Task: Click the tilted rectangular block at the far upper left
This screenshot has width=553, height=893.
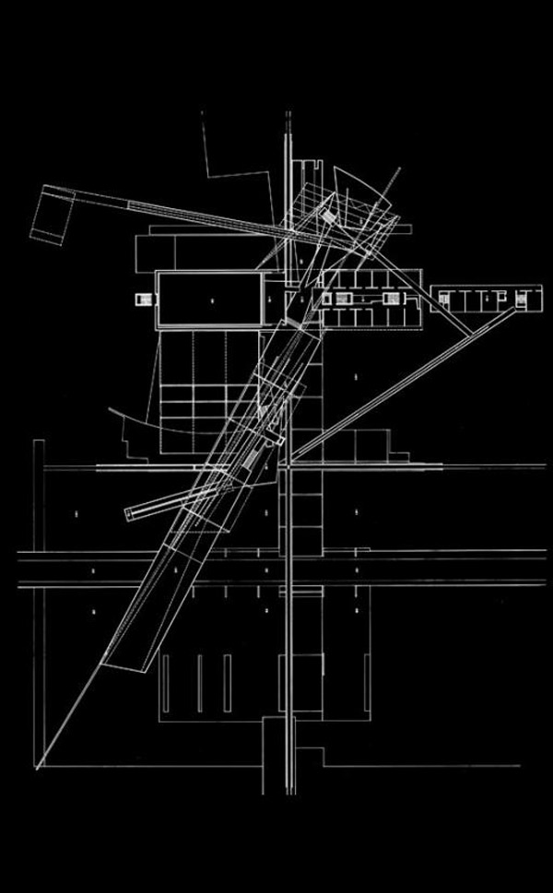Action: [53, 214]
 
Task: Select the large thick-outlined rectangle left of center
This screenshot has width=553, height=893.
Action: [211, 299]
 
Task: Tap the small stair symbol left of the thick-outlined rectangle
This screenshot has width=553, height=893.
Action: [143, 299]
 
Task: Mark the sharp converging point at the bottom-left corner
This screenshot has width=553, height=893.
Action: [38, 766]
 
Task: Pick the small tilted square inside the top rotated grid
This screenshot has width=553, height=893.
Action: [326, 217]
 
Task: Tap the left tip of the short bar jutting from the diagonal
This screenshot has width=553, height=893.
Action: [125, 513]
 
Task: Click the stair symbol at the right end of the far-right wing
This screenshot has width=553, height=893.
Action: [524, 299]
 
